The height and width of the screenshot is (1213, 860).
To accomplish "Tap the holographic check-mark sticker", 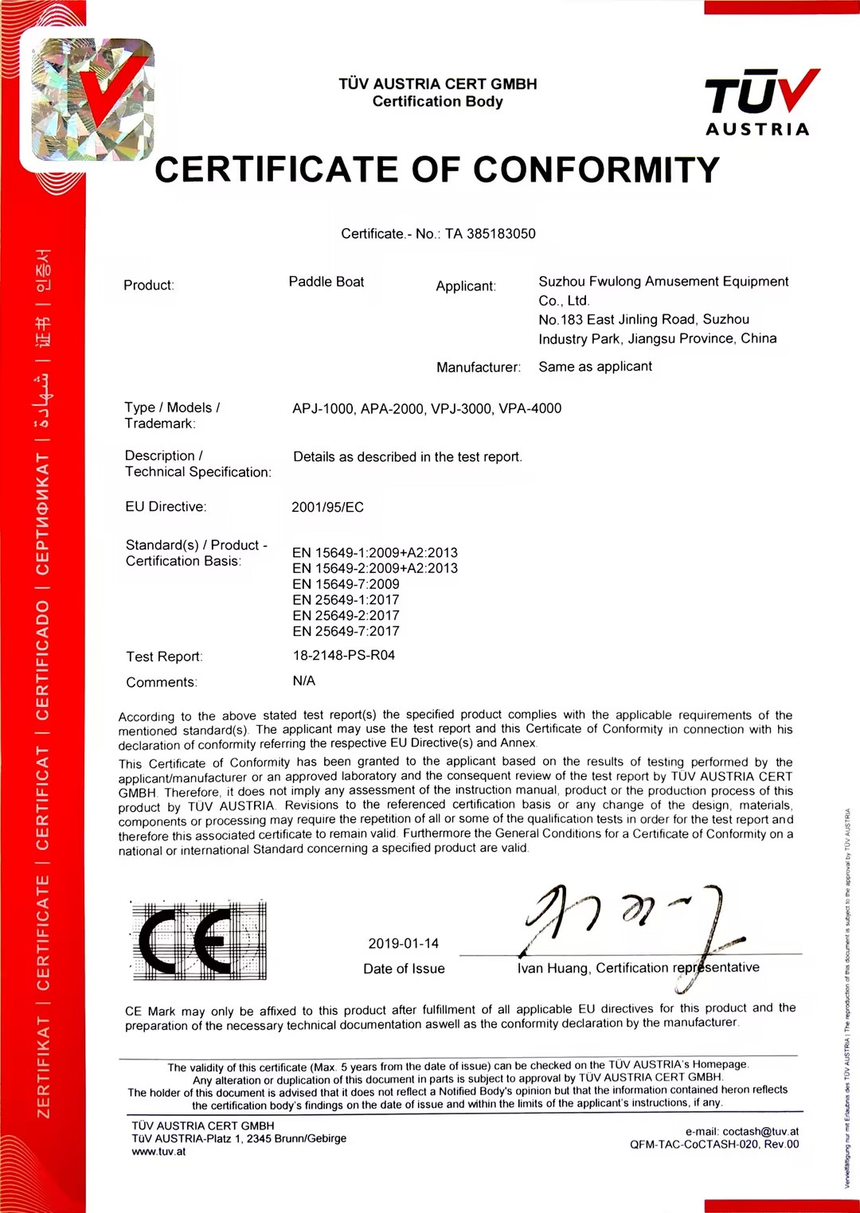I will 92,99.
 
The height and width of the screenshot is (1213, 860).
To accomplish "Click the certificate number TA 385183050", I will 490,234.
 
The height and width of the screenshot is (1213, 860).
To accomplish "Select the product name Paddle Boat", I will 326,282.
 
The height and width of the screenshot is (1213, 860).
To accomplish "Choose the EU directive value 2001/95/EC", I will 327,507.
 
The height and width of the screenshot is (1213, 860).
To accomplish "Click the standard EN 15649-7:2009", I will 346,584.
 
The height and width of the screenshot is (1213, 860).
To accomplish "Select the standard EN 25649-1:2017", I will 346,600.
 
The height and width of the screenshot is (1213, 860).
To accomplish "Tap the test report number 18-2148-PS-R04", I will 344,655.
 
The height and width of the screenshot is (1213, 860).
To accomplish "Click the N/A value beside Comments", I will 304,681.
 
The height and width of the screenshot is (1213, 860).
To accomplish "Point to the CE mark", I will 198,942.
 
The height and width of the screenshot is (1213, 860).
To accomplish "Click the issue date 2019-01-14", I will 403,944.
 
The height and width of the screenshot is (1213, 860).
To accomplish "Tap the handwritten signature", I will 629,923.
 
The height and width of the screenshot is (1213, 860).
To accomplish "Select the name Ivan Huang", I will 553,969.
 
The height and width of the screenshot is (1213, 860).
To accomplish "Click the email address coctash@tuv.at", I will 760,1132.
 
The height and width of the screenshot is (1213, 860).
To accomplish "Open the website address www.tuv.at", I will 158,1152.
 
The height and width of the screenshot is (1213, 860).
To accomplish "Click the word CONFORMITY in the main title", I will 596,170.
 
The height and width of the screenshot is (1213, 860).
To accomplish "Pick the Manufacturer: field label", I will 478,368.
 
